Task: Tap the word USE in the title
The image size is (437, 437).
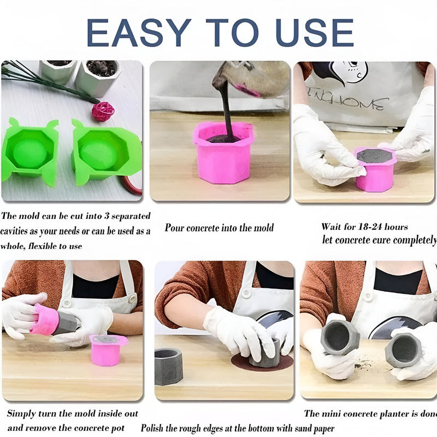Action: [x=315, y=33]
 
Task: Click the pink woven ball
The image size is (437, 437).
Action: [x=103, y=111]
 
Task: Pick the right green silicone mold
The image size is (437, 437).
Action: [x=106, y=152]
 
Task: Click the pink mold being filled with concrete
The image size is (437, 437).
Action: [x=223, y=153]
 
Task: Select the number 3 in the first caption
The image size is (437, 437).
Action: [x=107, y=216]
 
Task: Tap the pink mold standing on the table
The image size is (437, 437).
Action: [x=107, y=350]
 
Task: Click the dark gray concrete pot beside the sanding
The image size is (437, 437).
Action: [x=168, y=366]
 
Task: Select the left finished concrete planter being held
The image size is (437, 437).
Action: [x=339, y=336]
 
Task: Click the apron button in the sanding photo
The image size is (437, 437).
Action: [x=246, y=293]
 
